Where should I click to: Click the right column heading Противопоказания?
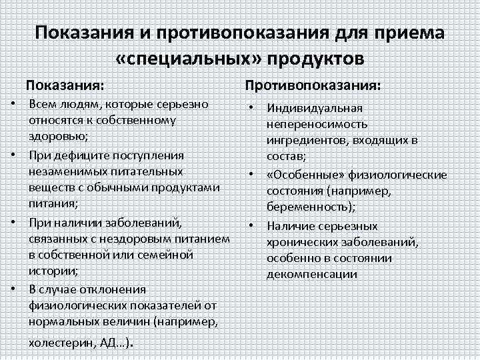tap(313, 86)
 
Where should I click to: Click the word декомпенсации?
tap(311, 274)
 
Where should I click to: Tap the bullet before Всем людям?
tap(14, 105)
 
